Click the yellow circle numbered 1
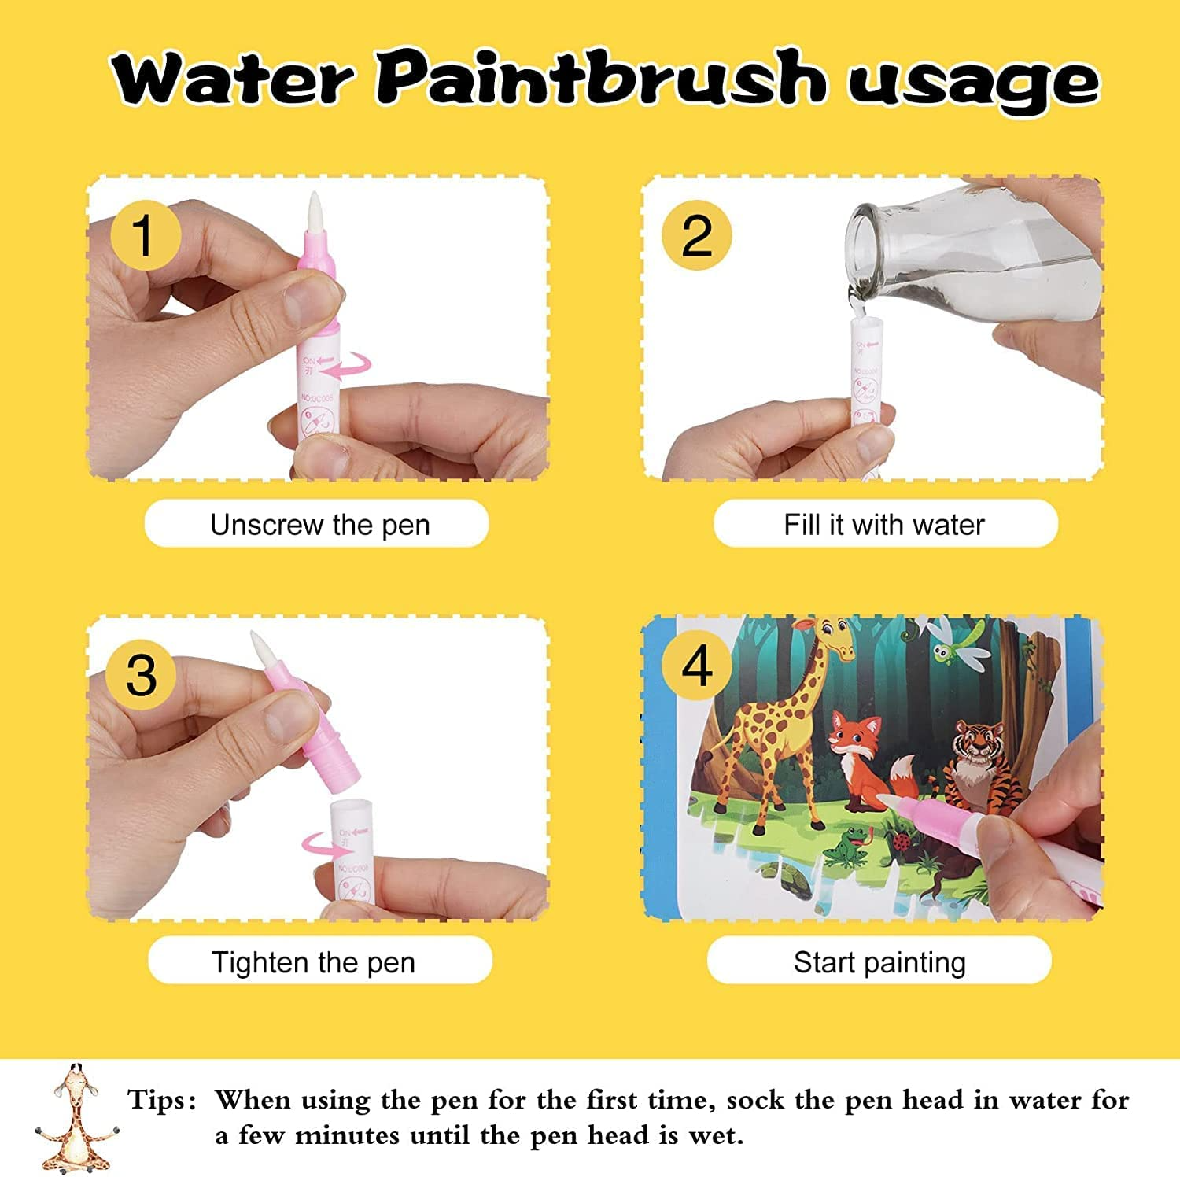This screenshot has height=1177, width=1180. pyautogui.click(x=144, y=235)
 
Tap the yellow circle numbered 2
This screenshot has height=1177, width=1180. pyautogui.click(x=696, y=235)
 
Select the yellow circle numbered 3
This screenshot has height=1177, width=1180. pyautogui.click(x=142, y=674)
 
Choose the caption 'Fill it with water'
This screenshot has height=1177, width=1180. pyautogui.click(x=884, y=524)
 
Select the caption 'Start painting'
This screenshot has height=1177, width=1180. pyautogui.click(x=879, y=961)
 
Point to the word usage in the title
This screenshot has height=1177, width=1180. pyautogui.click(x=972, y=83)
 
